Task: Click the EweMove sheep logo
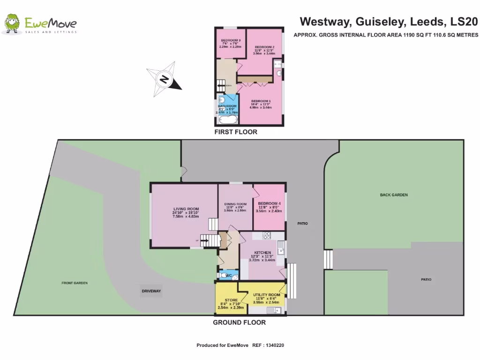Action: [11, 24]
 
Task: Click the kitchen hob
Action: [267, 235]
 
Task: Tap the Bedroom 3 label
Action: [230, 40]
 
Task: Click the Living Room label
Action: [186, 209]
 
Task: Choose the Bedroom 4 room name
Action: [269, 203]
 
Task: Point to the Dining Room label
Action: [235, 204]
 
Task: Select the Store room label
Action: [231, 300]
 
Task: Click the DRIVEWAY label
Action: [151, 291]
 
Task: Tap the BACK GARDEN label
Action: [394, 195]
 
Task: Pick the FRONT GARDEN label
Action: [75, 283]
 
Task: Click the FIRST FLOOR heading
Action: [236, 132]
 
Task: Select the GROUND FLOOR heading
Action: [239, 322]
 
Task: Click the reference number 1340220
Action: [275, 345]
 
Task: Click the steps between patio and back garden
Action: [329, 259]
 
